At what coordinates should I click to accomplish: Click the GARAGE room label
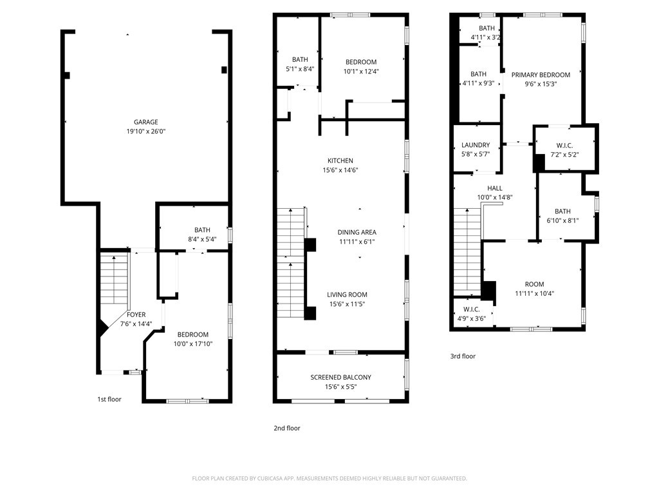145,122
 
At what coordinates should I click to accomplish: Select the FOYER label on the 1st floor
136,315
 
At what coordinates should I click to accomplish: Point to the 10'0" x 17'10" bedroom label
193,344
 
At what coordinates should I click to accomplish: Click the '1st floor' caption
109,399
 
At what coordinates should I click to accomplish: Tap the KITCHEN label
340,160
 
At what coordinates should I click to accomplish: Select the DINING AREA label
357,232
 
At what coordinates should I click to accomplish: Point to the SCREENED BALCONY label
340,377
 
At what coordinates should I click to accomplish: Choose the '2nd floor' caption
287,428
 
